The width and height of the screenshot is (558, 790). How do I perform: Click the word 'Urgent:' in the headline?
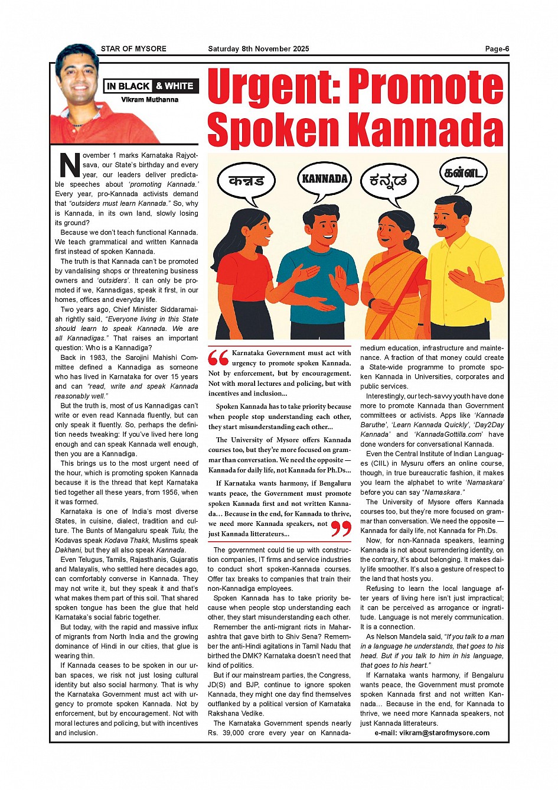pyautogui.click(x=275, y=86)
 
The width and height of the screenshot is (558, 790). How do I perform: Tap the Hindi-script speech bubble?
pyautogui.click(x=246, y=180)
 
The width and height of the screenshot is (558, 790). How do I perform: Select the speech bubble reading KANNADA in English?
pyautogui.click(x=325, y=178)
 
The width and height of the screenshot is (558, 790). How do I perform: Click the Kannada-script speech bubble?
pyautogui.click(x=388, y=181)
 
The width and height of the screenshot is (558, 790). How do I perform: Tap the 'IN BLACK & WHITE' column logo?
pyautogui.click(x=151, y=86)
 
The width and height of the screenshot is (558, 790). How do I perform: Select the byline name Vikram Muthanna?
pyautogui.click(x=150, y=100)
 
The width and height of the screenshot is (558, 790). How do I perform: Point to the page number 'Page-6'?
pyautogui.click(x=497, y=49)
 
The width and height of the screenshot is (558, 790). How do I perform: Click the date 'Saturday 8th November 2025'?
pyautogui.click(x=258, y=49)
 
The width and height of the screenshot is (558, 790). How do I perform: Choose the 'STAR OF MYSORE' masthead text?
pyautogui.click(x=133, y=49)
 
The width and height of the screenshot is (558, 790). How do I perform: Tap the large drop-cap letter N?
pyautogui.click(x=69, y=165)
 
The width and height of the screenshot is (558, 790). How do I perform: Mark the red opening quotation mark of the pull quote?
pyautogui.click(x=218, y=358)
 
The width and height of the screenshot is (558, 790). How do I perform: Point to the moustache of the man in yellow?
pyautogui.click(x=440, y=226)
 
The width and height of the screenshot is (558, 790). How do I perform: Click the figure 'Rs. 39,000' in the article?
pyautogui.click(x=226, y=733)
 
